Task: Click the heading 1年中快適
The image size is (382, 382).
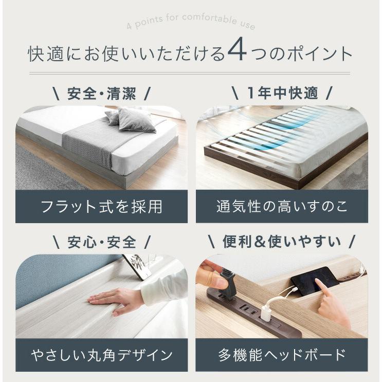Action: (x=282, y=94)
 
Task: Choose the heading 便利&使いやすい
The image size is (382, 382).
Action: (x=282, y=241)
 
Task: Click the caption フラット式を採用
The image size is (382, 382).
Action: (x=101, y=207)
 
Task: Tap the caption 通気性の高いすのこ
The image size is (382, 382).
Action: (x=282, y=207)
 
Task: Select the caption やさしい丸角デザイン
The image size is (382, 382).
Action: (x=101, y=354)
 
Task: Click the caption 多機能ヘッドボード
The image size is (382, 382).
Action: (x=282, y=354)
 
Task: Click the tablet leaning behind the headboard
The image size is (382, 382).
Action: (x=137, y=266)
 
